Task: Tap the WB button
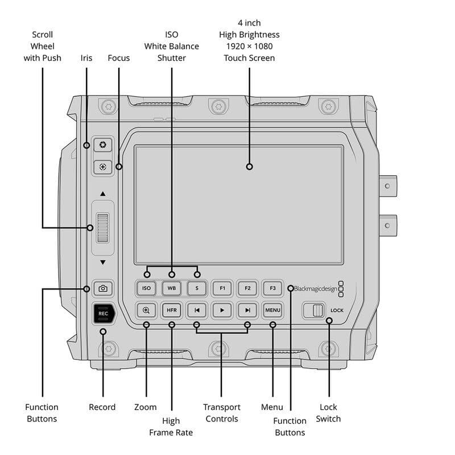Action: click(172, 288)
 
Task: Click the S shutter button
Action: click(197, 288)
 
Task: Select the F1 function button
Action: click(222, 288)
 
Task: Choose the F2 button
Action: click(247, 288)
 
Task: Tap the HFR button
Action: click(172, 310)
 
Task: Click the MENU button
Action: click(273, 310)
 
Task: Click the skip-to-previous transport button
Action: click(197, 310)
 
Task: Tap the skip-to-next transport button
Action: click(247, 310)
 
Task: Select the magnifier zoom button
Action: click(146, 310)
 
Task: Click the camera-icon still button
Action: click(103, 288)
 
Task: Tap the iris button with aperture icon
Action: click(103, 144)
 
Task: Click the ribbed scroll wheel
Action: click(103, 228)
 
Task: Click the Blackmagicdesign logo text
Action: click(316, 289)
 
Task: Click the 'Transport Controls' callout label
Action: click(222, 413)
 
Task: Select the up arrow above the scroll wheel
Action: click(103, 193)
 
